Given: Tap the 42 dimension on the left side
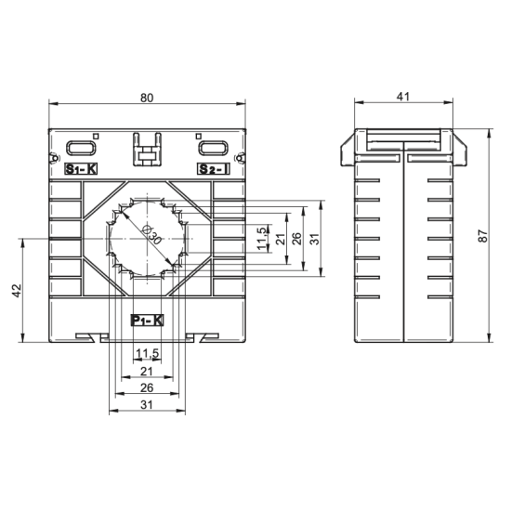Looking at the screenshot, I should pos(16,291).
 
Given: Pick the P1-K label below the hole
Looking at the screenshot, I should pos(147,321).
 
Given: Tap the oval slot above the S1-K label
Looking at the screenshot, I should pos(81,146).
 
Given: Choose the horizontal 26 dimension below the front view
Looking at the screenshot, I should pos(147,387).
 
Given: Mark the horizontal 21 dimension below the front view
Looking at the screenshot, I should pos(147,370).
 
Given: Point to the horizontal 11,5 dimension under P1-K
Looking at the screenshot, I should pos(147,353).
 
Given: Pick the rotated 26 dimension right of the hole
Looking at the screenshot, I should pos(296,238).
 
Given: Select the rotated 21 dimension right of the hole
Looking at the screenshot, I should pos(280,238).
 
